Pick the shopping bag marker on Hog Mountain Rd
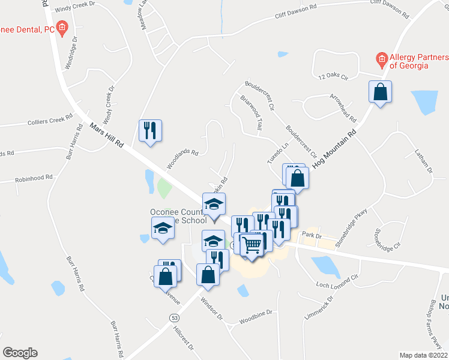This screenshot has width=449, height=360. click(379, 92)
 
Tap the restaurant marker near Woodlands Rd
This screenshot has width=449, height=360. click(149, 130)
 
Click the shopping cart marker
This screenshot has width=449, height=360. click(253, 244)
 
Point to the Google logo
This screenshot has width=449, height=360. click(19, 353)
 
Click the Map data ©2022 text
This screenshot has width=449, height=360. click(424, 355)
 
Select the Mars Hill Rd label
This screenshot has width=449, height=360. click(106, 137)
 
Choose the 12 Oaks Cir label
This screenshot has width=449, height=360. click(334, 76)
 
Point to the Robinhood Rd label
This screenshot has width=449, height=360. click(34, 178)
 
